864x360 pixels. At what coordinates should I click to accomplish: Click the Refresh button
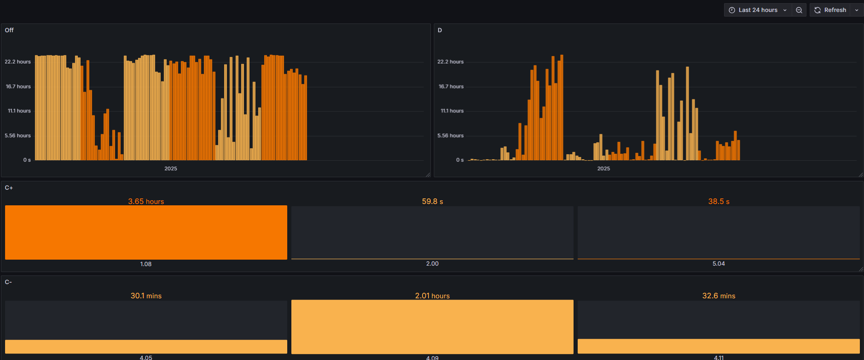click(830, 10)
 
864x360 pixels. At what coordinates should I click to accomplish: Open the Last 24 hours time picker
click(758, 10)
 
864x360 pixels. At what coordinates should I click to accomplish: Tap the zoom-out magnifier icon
click(799, 10)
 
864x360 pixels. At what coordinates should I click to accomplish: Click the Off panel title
click(9, 30)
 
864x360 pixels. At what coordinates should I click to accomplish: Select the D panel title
click(440, 30)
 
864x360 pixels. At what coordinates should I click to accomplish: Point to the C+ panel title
click(9, 188)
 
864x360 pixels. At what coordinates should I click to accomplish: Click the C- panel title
click(8, 282)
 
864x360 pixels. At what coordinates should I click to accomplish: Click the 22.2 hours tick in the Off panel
click(17, 62)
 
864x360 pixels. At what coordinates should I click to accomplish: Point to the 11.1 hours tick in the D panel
click(452, 111)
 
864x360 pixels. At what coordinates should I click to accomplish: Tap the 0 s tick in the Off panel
click(27, 160)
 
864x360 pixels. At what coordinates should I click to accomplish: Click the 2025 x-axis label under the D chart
click(603, 168)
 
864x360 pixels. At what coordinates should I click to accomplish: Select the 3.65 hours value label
click(146, 202)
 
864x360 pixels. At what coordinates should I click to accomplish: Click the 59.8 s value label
click(432, 202)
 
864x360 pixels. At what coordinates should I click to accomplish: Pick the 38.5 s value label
click(719, 202)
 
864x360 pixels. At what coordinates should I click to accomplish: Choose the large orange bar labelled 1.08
click(146, 232)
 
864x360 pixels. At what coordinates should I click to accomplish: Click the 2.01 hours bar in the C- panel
click(432, 327)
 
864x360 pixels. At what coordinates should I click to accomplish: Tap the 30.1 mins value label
click(146, 296)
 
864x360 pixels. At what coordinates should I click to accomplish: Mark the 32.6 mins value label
click(719, 296)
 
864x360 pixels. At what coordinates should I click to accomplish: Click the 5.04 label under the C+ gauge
click(719, 264)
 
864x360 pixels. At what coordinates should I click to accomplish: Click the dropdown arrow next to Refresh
click(857, 10)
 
